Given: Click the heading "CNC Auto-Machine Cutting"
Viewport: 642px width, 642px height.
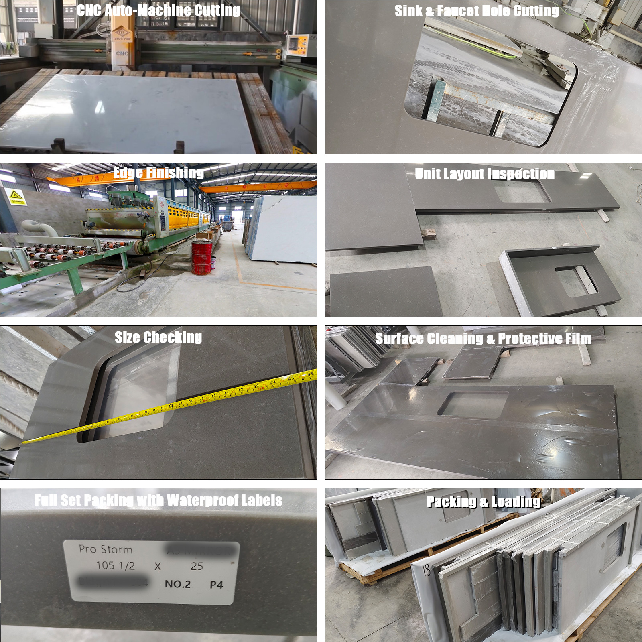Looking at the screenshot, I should click(x=158, y=10).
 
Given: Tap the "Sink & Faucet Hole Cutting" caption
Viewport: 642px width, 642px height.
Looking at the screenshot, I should click(x=477, y=11).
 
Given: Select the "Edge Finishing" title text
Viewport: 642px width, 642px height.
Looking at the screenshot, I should click(x=158, y=173).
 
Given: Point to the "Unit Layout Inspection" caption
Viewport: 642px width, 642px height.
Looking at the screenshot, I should click(x=485, y=174).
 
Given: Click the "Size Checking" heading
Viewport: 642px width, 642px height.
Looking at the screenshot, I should click(x=158, y=337).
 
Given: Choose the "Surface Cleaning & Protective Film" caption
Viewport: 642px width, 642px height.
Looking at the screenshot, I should click(x=483, y=339).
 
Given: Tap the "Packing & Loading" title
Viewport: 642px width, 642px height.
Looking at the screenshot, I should click(x=484, y=502).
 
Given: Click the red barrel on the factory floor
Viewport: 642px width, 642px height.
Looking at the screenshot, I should click(x=201, y=258).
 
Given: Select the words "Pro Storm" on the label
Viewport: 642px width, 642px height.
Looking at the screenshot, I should click(x=106, y=549).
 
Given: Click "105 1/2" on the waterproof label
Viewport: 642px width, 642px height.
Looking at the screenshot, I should click(x=116, y=566).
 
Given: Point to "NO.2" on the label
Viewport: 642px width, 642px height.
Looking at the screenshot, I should click(x=178, y=584).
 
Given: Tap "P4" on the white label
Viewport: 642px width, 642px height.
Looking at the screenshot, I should click(x=216, y=585).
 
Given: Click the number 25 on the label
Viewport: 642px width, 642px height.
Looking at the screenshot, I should click(x=197, y=566).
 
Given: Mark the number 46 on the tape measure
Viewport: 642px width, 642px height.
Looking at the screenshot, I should click(x=311, y=374).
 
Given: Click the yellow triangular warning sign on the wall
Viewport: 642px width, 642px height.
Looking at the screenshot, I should click(x=16, y=195).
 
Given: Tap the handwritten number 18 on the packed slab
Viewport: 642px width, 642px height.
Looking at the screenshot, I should click(x=426, y=570).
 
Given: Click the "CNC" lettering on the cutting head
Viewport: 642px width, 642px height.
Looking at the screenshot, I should click(x=122, y=53).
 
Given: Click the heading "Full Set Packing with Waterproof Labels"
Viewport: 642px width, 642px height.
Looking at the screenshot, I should click(x=158, y=500).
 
